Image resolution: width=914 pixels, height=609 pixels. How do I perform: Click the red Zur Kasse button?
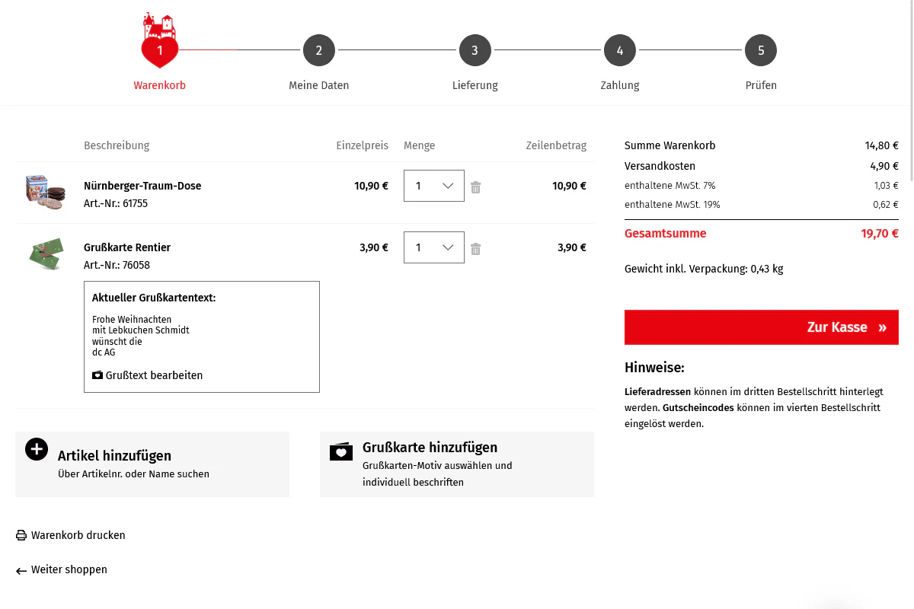pyautogui.click(x=761, y=327)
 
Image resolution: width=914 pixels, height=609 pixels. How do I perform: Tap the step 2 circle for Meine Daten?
pyautogui.click(x=318, y=50)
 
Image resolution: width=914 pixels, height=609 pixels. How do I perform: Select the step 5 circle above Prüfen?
pyautogui.click(x=761, y=50)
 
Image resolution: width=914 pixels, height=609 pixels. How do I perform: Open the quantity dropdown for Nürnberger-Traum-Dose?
pyautogui.click(x=433, y=186)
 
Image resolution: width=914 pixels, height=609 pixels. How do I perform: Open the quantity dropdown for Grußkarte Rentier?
pyautogui.click(x=433, y=247)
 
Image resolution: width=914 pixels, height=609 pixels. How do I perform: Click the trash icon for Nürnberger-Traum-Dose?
pyautogui.click(x=475, y=187)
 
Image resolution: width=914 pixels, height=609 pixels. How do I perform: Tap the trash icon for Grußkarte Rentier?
pyautogui.click(x=475, y=249)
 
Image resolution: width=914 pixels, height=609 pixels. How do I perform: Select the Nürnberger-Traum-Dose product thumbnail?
pyautogui.click(x=45, y=192)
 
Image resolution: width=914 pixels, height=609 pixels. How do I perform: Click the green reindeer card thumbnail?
pyautogui.click(x=46, y=253)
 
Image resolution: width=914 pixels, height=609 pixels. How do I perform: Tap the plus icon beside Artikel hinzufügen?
pyautogui.click(x=37, y=449)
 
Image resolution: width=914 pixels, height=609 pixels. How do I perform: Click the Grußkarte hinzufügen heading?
pyautogui.click(x=430, y=448)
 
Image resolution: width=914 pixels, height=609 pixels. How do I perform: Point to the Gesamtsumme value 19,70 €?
pyautogui.click(x=879, y=233)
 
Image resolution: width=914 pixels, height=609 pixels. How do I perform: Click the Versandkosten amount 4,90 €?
pyautogui.click(x=884, y=166)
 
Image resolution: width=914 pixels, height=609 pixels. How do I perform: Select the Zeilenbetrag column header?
pyautogui.click(x=556, y=145)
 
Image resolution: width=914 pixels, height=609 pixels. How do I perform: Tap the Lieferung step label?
pyautogui.click(x=475, y=85)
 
